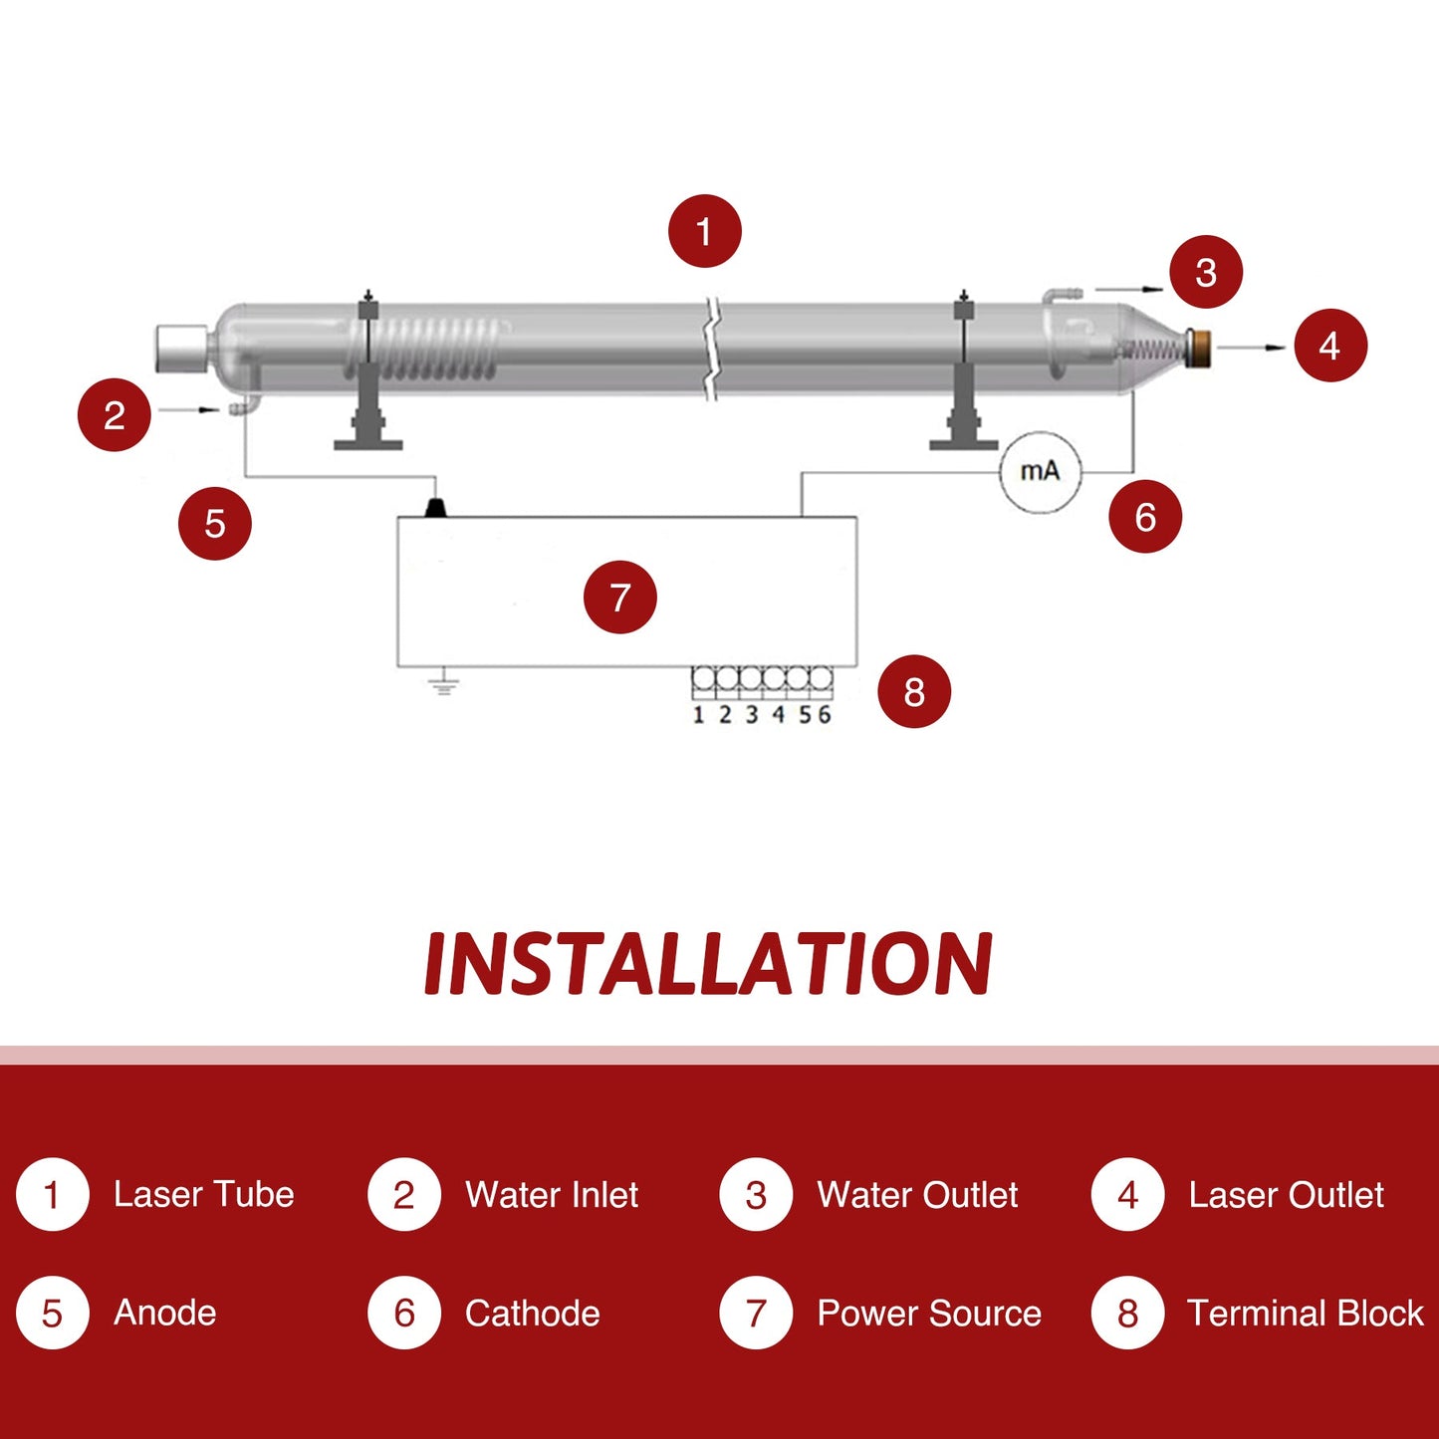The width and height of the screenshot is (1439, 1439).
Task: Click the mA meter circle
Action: tap(1040, 472)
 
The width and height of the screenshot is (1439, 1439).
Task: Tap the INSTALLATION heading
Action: tap(708, 964)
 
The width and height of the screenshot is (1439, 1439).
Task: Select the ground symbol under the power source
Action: tap(443, 683)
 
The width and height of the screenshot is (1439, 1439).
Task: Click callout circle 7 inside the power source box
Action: tap(620, 598)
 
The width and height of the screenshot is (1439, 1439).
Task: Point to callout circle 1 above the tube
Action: tap(705, 231)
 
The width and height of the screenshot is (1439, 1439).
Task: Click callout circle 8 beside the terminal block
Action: tap(914, 691)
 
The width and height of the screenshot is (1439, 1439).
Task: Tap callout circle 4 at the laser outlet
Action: tap(1330, 346)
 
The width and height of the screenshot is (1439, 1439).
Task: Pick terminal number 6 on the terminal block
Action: tap(824, 714)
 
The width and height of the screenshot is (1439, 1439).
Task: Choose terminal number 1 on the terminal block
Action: tap(698, 715)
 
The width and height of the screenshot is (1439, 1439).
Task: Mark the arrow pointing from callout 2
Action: tap(189, 409)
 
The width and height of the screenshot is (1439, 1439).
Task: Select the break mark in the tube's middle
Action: tap(711, 349)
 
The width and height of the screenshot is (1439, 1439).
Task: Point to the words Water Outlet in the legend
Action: tap(917, 1194)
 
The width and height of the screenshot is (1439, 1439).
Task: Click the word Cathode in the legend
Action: tap(532, 1313)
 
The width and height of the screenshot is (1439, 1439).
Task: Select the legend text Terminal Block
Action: tap(1305, 1313)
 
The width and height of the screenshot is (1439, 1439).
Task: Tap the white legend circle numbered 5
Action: tap(52, 1313)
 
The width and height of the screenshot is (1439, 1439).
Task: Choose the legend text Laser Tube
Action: tap(203, 1194)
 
